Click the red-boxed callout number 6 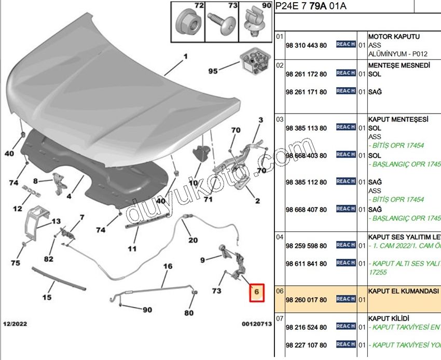pos(256,293)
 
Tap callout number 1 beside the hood pos(185,57)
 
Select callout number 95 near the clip pos(213,71)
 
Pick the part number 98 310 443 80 pos(306,46)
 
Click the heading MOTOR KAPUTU pos(394,37)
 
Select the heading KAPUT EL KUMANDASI pos(404,292)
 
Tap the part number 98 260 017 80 pos(306,300)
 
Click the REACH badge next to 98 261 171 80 pos(346,91)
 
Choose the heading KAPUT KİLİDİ pos(389,317)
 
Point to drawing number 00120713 pos(256,324)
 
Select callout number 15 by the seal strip pos(47,298)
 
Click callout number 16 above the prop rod pos(168,267)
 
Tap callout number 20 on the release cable pos(193,240)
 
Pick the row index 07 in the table pos(280,317)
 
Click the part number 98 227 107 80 pos(306,345)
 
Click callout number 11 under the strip pos(132,249)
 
